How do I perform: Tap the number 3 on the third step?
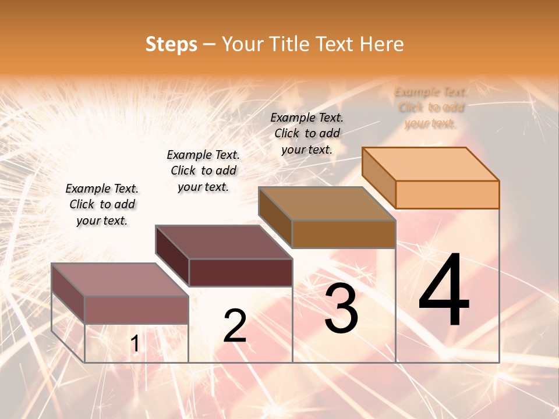[x=341, y=308]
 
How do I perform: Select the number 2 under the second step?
[x=235, y=326]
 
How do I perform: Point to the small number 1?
[x=135, y=344]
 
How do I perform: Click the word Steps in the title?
[x=171, y=44]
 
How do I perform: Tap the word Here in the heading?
[x=381, y=44]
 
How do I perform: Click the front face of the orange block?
[x=447, y=194]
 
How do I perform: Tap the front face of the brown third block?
[x=344, y=234]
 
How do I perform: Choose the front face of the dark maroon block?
[x=240, y=272]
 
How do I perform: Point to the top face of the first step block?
[x=120, y=279]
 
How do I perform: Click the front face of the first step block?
[x=136, y=310]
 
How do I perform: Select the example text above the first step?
[x=102, y=205]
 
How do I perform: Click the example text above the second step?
[x=203, y=171]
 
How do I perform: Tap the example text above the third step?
[x=307, y=133]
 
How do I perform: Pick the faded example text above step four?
[x=431, y=108]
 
